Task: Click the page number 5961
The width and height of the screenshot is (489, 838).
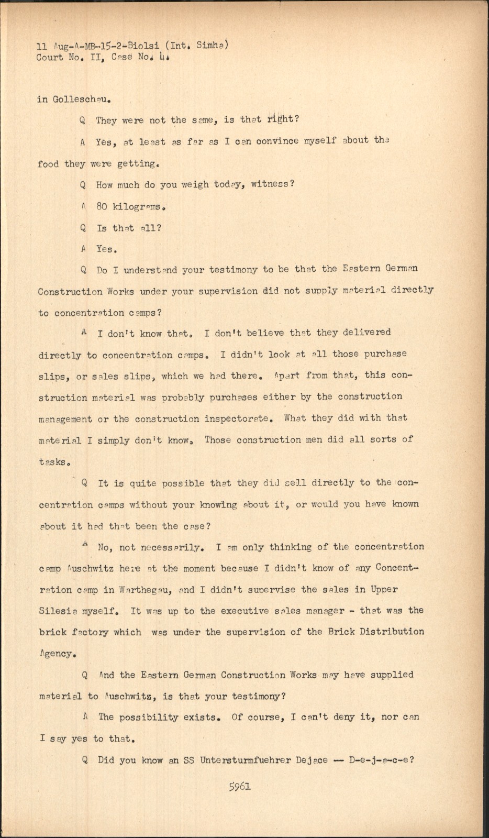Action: tap(240, 787)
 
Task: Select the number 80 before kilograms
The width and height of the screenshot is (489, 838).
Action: tap(102, 206)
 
